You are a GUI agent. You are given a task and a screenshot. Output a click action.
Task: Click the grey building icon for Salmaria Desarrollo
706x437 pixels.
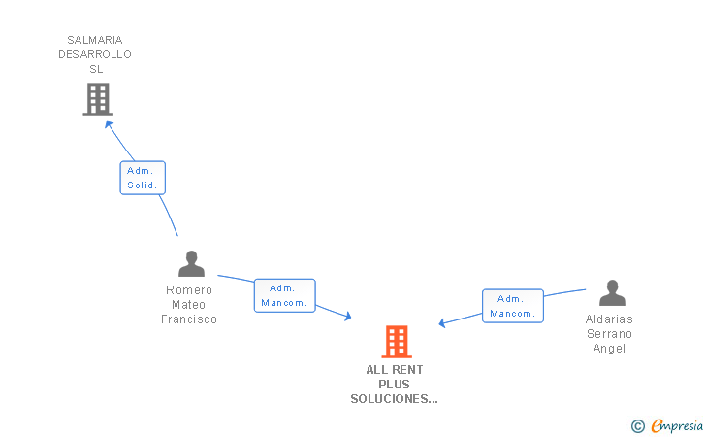[x=98, y=99]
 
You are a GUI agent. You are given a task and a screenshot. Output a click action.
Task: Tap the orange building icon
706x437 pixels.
[x=397, y=342]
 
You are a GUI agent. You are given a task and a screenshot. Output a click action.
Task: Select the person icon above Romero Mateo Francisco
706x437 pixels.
[x=191, y=263]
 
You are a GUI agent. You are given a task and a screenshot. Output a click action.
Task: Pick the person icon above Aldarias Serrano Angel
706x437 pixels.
[x=612, y=292]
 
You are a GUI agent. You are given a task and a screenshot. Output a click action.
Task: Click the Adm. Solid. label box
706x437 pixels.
[x=143, y=178]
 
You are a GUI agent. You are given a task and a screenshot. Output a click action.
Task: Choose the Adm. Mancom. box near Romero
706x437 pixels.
[x=284, y=295]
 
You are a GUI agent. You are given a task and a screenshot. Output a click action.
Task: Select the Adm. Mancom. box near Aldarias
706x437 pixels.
[x=513, y=306]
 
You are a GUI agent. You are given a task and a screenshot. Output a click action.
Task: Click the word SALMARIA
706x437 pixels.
[x=95, y=40]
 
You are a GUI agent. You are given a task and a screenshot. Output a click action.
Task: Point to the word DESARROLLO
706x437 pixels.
[x=95, y=54]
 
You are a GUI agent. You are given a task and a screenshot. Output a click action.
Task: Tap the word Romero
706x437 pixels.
[x=189, y=290]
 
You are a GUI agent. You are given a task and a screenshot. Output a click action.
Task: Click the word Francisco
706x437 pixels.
[x=189, y=319]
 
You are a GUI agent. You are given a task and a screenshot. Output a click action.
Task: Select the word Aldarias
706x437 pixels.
[x=609, y=319]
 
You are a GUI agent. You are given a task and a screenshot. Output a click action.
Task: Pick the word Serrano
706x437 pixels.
[x=610, y=334]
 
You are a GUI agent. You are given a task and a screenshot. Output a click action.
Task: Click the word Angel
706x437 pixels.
[x=609, y=349]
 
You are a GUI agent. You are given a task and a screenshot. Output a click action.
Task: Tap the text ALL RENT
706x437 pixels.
[x=395, y=370]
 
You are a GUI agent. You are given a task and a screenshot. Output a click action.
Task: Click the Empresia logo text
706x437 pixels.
[x=677, y=425]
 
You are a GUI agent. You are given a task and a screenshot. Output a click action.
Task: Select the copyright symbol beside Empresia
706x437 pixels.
[x=638, y=426]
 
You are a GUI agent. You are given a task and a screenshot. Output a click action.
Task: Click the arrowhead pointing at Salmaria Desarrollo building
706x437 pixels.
[x=109, y=125]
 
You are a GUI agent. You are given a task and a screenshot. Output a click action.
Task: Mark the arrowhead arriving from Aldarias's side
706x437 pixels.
[x=442, y=322]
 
